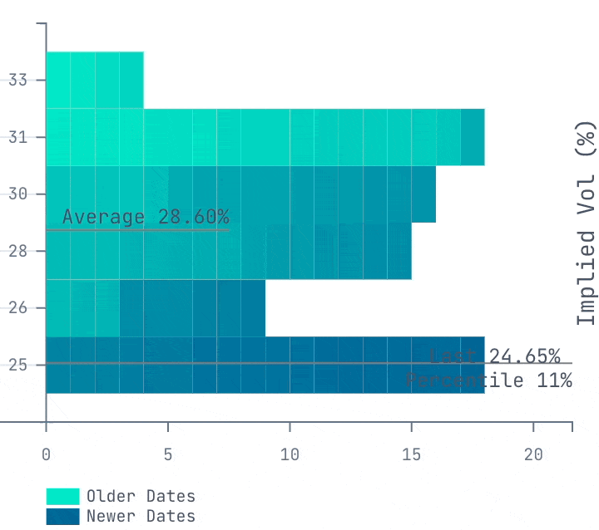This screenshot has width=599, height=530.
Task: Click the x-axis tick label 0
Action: click(x=46, y=455)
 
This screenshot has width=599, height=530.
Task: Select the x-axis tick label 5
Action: click(x=168, y=455)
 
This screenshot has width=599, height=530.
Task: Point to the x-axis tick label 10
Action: click(x=290, y=455)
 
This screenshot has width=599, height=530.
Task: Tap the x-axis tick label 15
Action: click(x=412, y=455)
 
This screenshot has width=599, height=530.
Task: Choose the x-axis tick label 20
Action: click(x=533, y=455)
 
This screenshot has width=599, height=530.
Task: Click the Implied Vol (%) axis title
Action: click(x=587, y=223)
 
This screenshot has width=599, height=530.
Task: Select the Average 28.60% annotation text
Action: click(x=146, y=218)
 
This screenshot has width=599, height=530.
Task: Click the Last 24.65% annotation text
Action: click(x=494, y=356)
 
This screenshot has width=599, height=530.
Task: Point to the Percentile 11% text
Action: click(x=489, y=380)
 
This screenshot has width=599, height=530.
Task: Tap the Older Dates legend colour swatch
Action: click(x=62, y=497)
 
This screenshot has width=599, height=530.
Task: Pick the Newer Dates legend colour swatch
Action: click(x=62, y=516)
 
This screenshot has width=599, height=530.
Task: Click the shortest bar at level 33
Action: click(x=94, y=80)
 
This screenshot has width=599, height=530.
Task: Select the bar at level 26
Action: click(x=155, y=308)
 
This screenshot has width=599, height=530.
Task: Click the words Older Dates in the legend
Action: click(x=141, y=497)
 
